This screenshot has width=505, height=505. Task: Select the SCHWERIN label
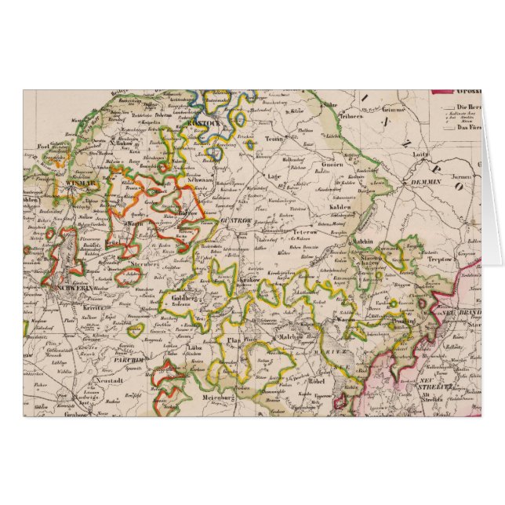tap(72, 287)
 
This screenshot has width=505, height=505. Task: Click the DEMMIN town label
tap(427, 181)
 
